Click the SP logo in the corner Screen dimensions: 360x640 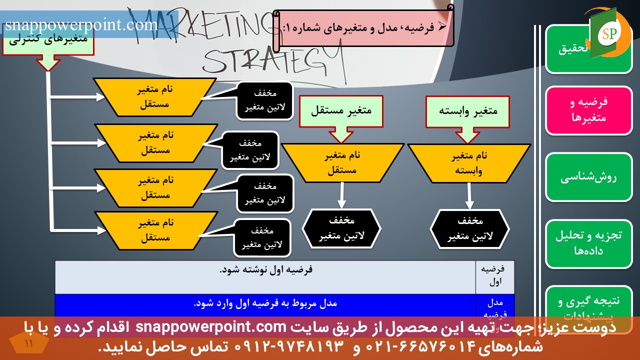coord(609,33)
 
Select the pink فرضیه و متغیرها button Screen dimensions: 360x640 coord(588,110)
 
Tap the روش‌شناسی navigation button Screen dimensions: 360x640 coord(588,177)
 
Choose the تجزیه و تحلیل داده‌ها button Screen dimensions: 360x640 coord(588,243)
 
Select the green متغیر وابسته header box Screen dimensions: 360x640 coord(468,111)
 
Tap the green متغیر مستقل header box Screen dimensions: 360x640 coord(341,111)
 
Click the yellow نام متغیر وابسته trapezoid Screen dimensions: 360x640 coord(468,163)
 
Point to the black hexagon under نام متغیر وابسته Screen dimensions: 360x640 coord(470,229)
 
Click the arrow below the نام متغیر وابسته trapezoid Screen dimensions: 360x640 coord(469,196)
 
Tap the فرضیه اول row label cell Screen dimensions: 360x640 coord(494,275)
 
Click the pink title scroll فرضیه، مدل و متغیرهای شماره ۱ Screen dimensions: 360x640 coord(365,28)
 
